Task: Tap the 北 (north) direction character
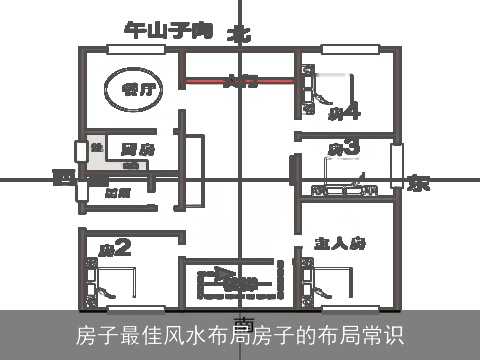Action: [x=239, y=33]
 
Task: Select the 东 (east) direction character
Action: [x=418, y=183]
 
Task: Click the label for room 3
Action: [x=343, y=149]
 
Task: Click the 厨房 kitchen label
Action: [x=122, y=149]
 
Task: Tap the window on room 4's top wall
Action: [x=350, y=48]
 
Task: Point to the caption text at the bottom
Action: [x=240, y=333]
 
